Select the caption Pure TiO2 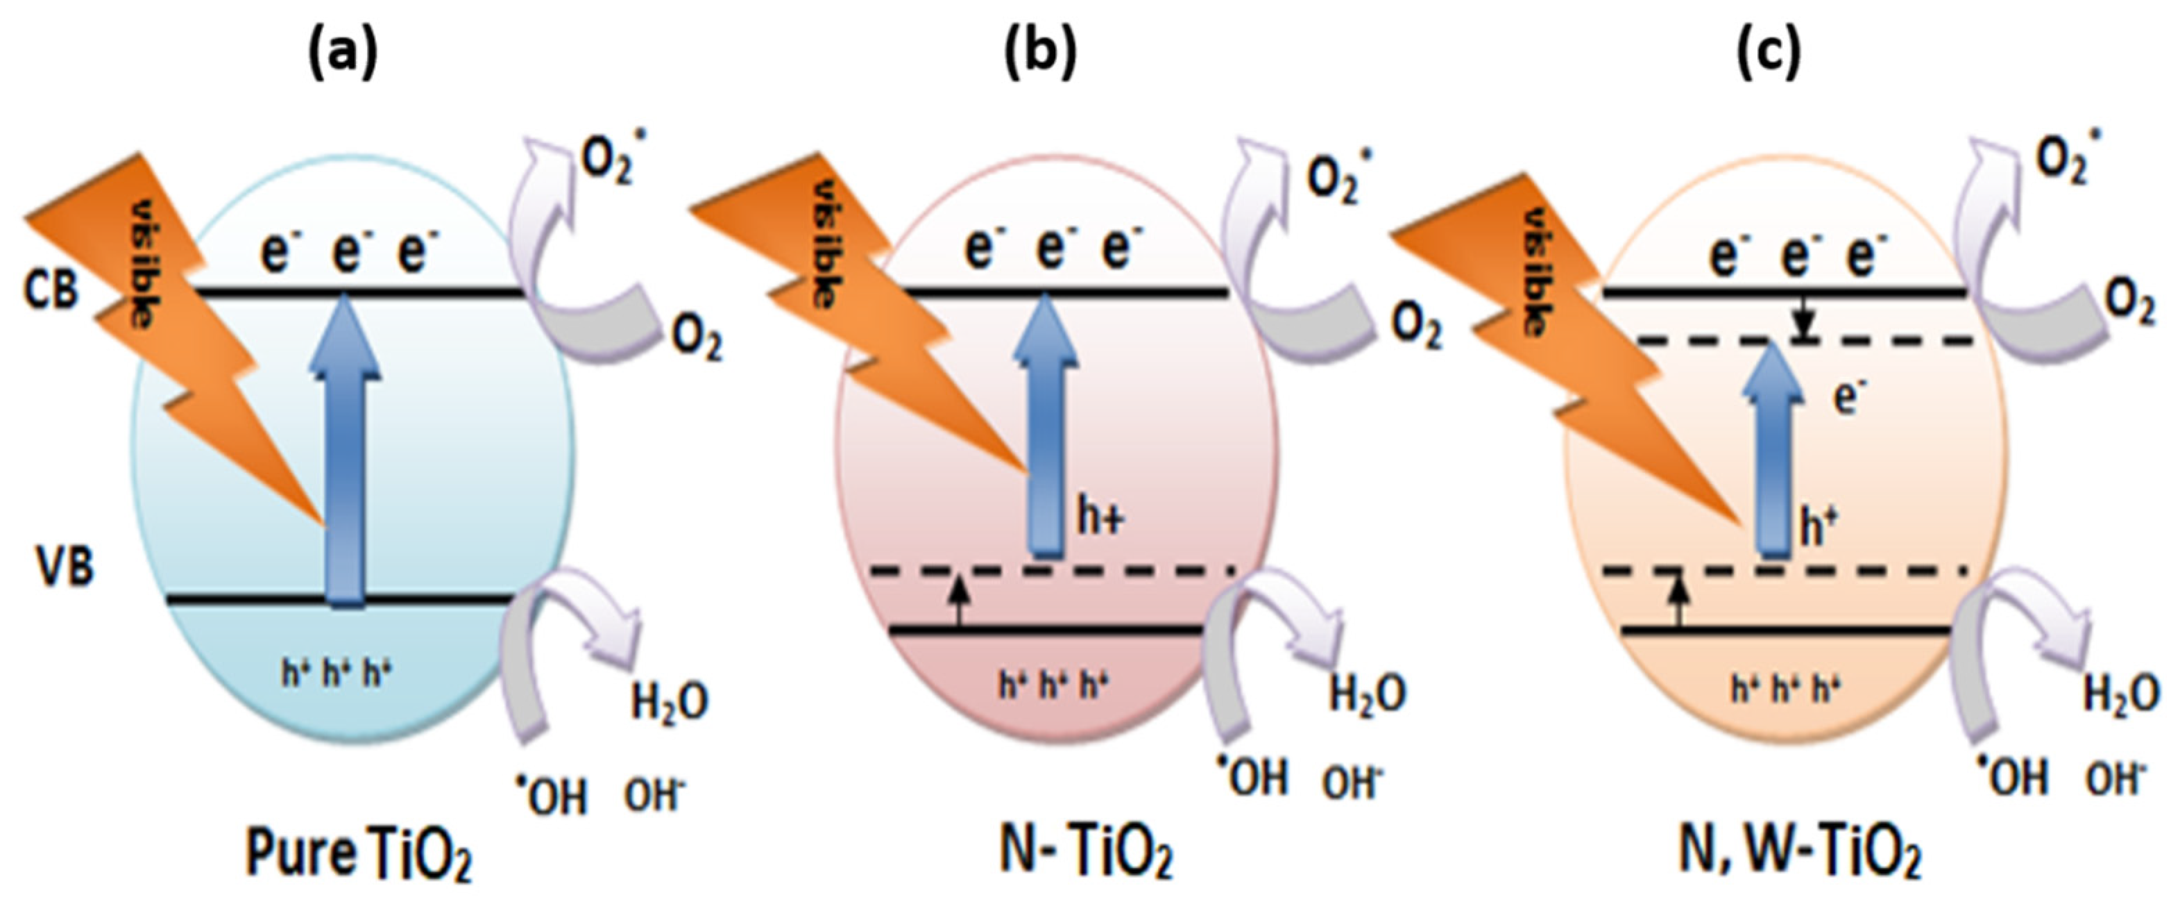[x=358, y=856]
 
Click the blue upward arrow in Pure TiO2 [x=344, y=457]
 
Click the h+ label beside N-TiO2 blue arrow [x=1100, y=517]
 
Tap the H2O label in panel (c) [x=2120, y=695]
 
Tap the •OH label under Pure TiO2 [x=552, y=795]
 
